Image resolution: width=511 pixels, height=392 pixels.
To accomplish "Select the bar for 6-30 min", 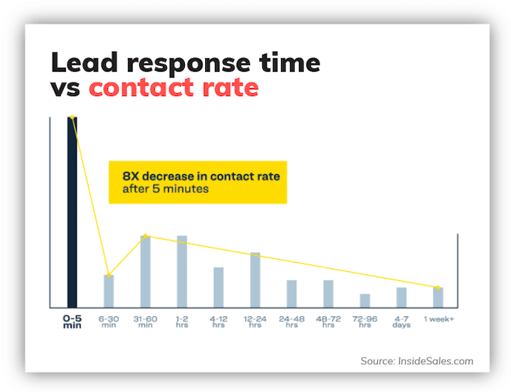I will [x=109, y=291].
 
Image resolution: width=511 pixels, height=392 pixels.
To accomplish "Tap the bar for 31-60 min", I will [x=145, y=271].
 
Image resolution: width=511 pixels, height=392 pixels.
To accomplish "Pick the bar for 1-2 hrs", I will [x=182, y=271].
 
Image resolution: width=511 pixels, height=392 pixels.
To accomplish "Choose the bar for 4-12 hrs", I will [x=218, y=287].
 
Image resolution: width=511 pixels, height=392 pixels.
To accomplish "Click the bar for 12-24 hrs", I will [x=255, y=279].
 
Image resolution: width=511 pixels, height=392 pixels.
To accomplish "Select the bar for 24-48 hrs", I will [x=292, y=294].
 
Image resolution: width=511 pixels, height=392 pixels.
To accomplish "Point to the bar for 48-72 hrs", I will [x=328, y=294].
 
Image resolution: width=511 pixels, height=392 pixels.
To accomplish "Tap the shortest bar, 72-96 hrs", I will [x=364, y=300].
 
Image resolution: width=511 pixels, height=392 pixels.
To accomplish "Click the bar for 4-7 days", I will [x=401, y=297].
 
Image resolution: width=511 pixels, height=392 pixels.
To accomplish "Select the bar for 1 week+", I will [x=438, y=297].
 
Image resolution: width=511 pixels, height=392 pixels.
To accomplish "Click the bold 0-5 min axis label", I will [x=72, y=321].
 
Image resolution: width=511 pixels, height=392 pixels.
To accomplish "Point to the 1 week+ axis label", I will [x=438, y=319].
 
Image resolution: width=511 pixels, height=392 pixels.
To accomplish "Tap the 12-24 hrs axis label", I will [x=255, y=321].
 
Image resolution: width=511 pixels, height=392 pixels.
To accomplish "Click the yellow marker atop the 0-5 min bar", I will [x=72, y=117].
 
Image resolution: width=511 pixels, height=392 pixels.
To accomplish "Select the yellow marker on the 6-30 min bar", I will [x=109, y=275].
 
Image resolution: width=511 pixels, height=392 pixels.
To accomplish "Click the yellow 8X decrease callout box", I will [x=198, y=182].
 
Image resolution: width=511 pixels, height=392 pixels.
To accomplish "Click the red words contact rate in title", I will [x=174, y=88].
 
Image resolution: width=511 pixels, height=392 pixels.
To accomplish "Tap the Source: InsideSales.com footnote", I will [x=416, y=361].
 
